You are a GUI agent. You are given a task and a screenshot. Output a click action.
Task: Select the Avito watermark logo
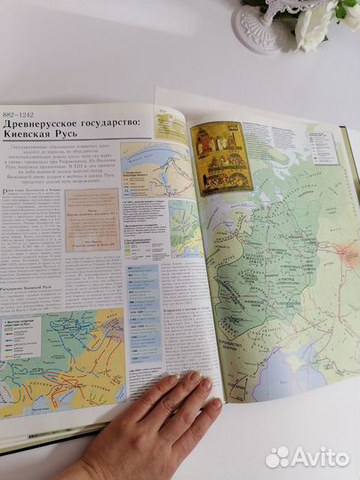point(307,456)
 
